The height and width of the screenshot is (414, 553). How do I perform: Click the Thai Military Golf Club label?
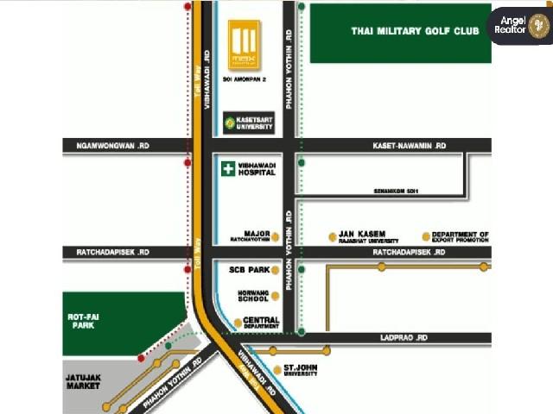click(415, 31)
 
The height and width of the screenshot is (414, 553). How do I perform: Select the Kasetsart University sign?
click(249, 123)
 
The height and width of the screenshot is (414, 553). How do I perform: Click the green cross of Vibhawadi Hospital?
click(227, 169)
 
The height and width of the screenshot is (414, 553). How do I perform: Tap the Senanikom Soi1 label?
click(396, 191)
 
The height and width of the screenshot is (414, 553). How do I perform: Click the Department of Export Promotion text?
click(461, 237)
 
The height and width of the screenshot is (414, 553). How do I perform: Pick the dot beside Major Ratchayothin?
click(275, 236)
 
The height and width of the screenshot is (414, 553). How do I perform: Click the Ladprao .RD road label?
click(404, 338)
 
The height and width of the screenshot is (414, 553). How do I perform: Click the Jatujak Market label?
click(85, 381)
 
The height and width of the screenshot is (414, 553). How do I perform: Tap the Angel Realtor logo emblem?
click(538, 26)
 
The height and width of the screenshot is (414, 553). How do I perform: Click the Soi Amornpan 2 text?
click(245, 79)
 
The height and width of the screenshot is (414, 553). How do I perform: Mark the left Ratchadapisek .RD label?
click(107, 252)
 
